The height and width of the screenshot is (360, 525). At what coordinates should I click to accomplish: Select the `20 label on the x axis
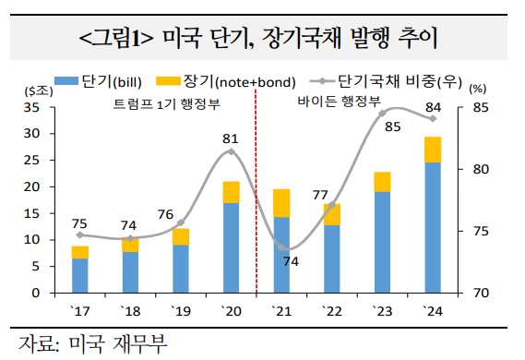(x=231, y=309)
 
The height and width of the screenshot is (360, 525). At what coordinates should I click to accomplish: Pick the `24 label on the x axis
(x=432, y=309)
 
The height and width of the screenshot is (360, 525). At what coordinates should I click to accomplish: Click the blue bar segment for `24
(x=432, y=227)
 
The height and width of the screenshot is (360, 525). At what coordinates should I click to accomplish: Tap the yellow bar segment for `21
(x=281, y=203)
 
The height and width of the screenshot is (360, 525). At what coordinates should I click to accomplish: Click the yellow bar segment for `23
(x=382, y=182)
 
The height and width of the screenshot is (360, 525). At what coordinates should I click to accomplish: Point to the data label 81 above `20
(x=231, y=138)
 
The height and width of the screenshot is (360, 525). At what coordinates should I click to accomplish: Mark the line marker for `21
(x=282, y=249)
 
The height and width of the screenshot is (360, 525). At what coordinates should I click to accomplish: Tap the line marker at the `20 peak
(x=231, y=151)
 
